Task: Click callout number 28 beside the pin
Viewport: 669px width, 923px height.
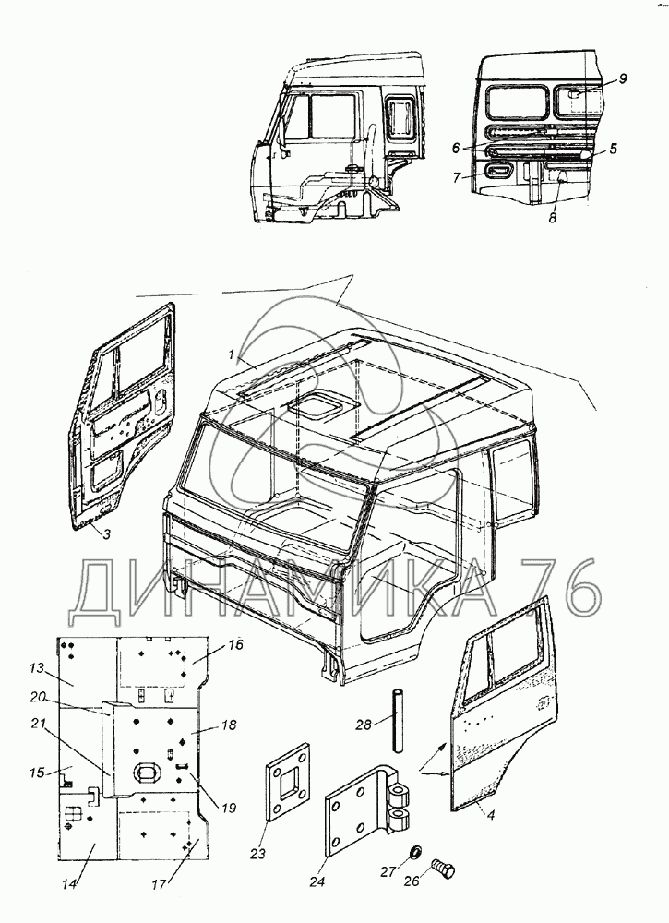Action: point(365,725)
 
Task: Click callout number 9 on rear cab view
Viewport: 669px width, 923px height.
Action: point(623,78)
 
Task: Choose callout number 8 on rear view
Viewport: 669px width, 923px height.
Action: point(553,219)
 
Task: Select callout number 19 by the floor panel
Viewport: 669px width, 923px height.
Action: point(228,809)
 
